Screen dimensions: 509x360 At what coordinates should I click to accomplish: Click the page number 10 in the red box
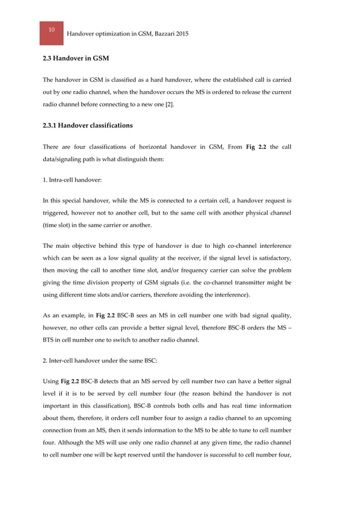click(x=51, y=29)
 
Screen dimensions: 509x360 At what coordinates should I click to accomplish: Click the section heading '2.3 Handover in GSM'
click(x=76, y=59)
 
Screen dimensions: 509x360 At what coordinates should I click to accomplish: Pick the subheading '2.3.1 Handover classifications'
click(x=87, y=125)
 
